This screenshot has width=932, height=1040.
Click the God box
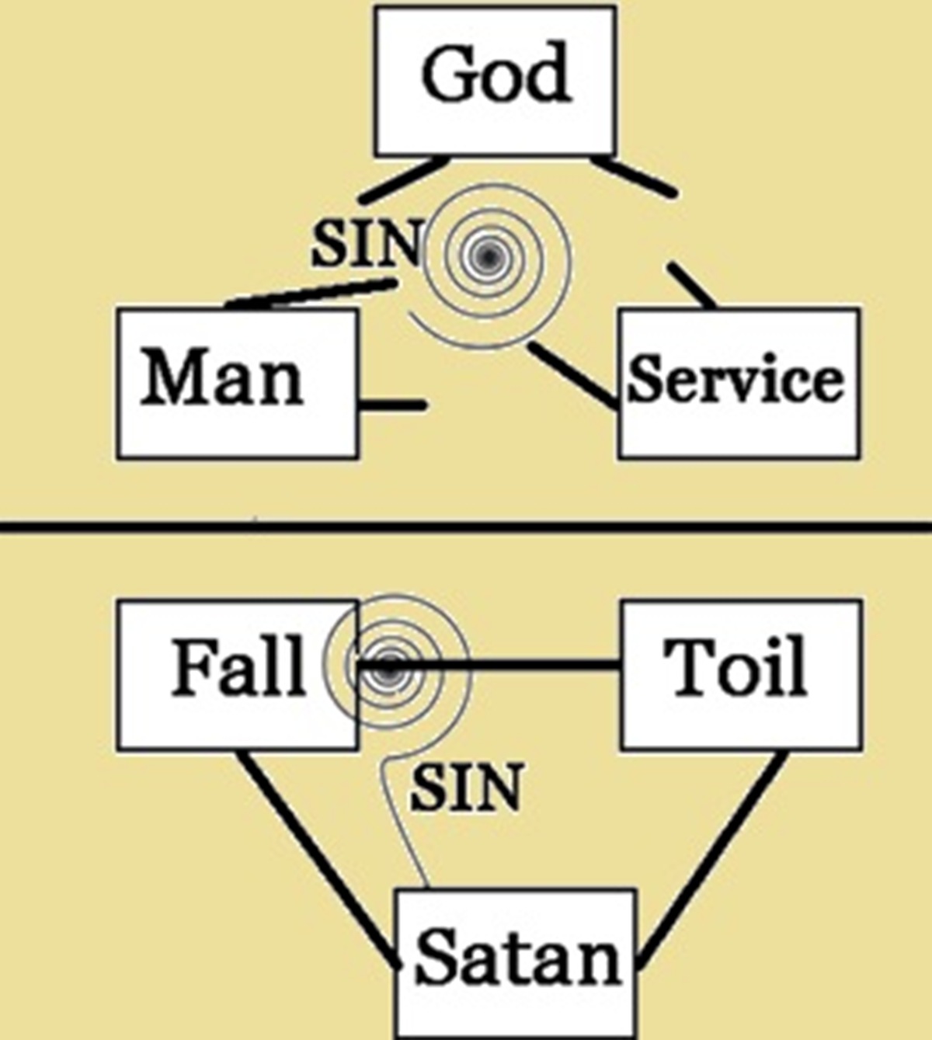coord(496,79)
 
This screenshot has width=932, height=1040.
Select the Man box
coord(237,382)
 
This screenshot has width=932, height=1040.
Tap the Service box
coord(739,382)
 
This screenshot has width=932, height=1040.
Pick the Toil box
coord(740,673)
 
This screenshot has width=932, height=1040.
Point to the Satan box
coord(516,962)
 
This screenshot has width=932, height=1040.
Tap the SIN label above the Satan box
coord(466,788)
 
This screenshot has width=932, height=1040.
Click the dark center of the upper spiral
coord(488,255)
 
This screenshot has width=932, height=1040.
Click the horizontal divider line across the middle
coord(466,527)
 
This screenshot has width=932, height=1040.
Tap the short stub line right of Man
coord(393,405)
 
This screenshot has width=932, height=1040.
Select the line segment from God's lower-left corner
coord(404,180)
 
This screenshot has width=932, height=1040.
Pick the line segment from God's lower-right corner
coord(633,176)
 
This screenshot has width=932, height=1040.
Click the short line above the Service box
coord(691,285)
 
